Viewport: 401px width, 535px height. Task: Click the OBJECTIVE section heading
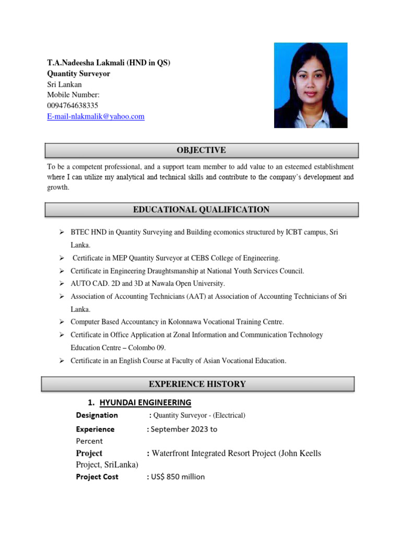(x=201, y=150)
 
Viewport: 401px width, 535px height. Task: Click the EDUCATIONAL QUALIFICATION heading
(x=201, y=210)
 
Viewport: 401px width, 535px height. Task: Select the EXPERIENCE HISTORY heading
(x=197, y=385)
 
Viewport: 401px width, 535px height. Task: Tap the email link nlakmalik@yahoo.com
(x=96, y=117)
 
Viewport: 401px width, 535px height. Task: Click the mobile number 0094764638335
(x=73, y=106)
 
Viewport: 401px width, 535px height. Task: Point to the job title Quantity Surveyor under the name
(x=79, y=74)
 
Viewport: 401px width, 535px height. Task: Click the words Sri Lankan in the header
(x=65, y=85)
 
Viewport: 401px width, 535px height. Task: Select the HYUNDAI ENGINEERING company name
(x=145, y=402)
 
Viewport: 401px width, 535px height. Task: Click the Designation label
(x=97, y=415)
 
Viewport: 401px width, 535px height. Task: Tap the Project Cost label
(x=97, y=477)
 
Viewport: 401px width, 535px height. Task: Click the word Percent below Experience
(x=89, y=441)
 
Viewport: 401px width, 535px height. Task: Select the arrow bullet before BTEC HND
(x=61, y=232)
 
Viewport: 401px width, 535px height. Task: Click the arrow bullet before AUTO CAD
(x=61, y=284)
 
